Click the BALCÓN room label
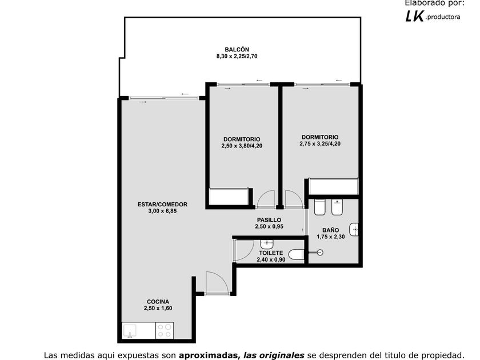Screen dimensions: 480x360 coord(237,49)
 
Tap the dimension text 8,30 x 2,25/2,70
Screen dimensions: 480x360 coord(237,56)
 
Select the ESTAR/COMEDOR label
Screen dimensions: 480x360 coord(162,204)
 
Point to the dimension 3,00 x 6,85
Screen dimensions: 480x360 coord(162,211)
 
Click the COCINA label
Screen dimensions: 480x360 coord(158,302)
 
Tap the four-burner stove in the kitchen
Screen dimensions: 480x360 coord(165,331)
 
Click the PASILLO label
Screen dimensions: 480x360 coord(269,220)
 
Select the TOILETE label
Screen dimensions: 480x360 coord(271,253)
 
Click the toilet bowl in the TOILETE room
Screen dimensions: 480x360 coord(296,254)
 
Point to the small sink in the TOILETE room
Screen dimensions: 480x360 coord(267,245)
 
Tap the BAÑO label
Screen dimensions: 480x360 coord(331,230)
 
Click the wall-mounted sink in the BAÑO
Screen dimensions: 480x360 coord(354,229)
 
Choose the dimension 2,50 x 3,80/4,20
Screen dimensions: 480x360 coord(242,146)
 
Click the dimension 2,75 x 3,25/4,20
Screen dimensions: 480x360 coord(320,143)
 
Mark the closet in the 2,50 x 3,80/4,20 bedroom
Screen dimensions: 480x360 coord(229,196)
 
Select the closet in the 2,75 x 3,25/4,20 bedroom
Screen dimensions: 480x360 coord(333,186)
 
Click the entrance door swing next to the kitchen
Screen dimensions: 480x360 coord(217,283)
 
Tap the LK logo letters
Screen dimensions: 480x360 coord(415,15)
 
